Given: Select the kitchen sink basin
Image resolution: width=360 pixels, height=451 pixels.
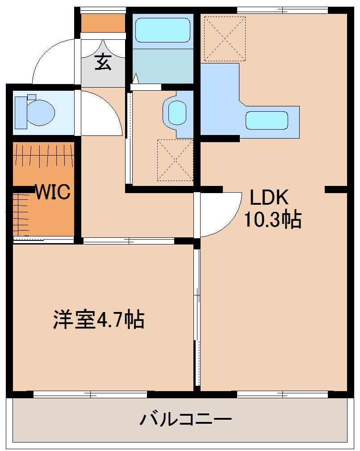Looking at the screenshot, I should coord(266,120).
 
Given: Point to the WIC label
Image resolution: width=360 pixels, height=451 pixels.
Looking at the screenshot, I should coord(53,192).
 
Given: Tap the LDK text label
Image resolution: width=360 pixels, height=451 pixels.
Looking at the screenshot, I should coord(269,197).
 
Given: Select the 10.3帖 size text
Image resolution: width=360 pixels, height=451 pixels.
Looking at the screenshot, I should coord(272,220).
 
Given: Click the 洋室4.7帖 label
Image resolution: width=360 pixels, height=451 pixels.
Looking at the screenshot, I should coord(99,320).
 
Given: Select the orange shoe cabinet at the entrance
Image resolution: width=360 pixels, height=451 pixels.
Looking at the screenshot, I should coord(103,23).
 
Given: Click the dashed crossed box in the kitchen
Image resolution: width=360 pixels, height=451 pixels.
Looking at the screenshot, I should coord(225,38).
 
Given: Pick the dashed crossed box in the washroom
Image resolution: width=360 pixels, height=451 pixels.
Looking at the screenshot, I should coord(175,160).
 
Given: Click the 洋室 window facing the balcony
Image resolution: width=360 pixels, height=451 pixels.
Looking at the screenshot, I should coord(90,394).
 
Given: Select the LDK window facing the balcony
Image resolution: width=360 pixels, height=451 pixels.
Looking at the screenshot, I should coord(283,394).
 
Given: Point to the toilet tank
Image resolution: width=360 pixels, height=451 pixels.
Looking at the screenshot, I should coord(31,97).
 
